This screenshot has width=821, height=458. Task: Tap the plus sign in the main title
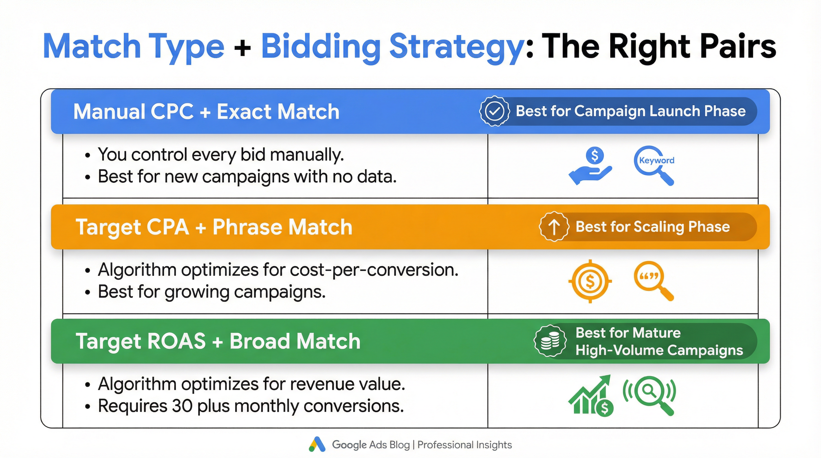242,48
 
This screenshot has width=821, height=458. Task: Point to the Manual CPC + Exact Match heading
206,112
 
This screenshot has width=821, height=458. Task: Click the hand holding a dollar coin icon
591,165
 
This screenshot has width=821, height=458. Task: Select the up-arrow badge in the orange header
554,227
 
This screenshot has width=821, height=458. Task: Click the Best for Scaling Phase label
652,227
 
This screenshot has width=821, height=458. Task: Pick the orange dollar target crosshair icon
590,281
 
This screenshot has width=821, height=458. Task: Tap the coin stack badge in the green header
550,341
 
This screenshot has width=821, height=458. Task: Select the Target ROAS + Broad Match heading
218,341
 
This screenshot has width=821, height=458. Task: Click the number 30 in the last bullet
182,406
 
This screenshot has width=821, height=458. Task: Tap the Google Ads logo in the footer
317,444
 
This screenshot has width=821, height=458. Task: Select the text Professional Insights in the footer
464,445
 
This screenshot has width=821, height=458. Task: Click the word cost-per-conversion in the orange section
374,270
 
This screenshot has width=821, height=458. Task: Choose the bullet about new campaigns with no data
247,177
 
